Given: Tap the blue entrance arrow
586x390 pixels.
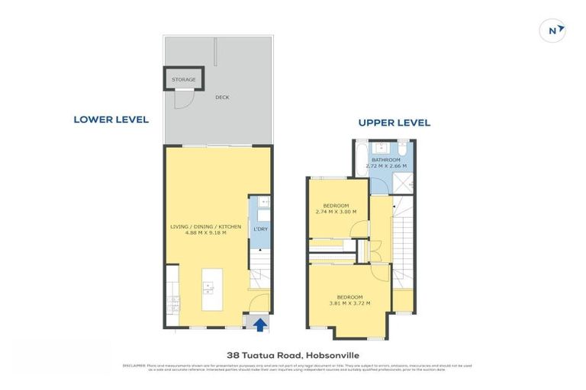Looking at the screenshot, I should [x=259, y=325].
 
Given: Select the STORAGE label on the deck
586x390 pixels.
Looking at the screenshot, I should [x=183, y=79].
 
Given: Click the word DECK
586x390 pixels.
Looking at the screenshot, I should [x=222, y=97].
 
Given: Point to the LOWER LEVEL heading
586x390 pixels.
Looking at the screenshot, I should [x=111, y=120].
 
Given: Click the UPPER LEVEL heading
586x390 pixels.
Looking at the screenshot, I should [x=394, y=123].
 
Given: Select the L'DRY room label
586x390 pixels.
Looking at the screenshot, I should [x=260, y=229].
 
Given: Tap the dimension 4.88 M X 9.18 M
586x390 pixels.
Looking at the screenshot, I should [x=208, y=234].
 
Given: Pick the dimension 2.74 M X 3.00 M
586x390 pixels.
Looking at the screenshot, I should [x=336, y=212].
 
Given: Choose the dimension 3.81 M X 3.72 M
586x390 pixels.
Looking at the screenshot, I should [x=349, y=303].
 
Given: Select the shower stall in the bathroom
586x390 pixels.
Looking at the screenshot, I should [x=402, y=182].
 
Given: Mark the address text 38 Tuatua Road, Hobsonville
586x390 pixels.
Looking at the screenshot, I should [x=291, y=355].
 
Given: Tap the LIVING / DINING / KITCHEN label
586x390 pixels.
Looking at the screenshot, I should [x=207, y=227].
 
